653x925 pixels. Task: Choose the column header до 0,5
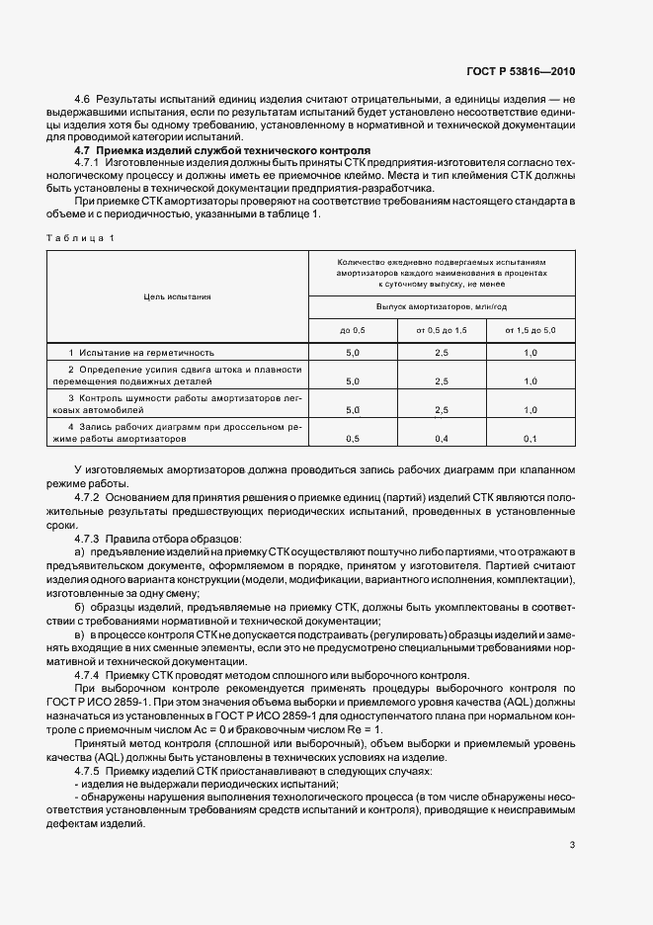pos(353,329)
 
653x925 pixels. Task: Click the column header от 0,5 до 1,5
pos(442,329)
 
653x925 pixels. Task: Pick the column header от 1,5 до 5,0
pos(531,329)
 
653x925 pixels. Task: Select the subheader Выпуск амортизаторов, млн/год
pos(442,305)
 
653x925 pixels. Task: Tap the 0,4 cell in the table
pos(442,437)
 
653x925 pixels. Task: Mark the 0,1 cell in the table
pos(531,437)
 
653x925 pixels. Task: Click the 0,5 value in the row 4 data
pos(353,437)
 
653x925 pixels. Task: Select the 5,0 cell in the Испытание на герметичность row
pos(353,352)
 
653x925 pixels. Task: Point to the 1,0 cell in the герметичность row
pos(531,352)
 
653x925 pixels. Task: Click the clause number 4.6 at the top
pos(82,101)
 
